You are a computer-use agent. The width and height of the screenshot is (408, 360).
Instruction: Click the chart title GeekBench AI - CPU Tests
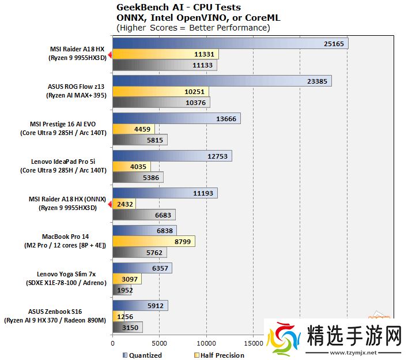tap(179, 7)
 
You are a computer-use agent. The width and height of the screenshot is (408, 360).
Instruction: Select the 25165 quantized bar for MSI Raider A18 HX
tap(231, 44)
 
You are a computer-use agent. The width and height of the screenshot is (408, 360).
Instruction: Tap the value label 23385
tap(318, 82)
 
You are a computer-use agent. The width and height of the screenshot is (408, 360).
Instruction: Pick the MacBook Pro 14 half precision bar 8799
tap(154, 242)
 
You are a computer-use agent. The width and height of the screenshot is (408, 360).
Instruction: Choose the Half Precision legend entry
tap(222, 355)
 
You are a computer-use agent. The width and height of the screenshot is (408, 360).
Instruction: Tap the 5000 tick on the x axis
tap(159, 342)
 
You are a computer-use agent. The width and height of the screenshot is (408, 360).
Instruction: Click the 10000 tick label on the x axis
tap(206, 342)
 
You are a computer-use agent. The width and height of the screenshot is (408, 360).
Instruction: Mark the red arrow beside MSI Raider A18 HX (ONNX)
tap(109, 203)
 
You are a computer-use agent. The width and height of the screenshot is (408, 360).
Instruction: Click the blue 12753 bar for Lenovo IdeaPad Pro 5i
tap(172, 156)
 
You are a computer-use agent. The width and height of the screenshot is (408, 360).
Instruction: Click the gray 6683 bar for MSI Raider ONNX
tap(144, 215)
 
